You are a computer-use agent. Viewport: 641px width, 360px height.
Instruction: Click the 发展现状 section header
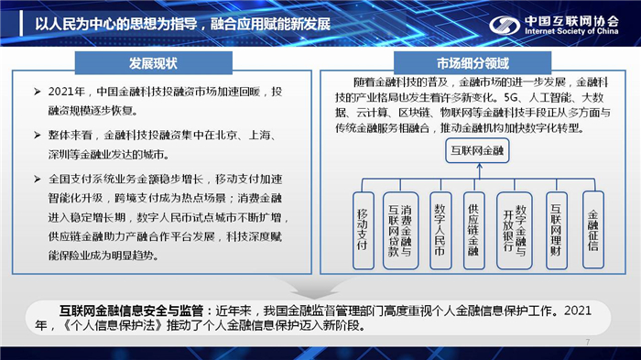pos(153,64)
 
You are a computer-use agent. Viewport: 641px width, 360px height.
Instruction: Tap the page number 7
pos(587,343)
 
